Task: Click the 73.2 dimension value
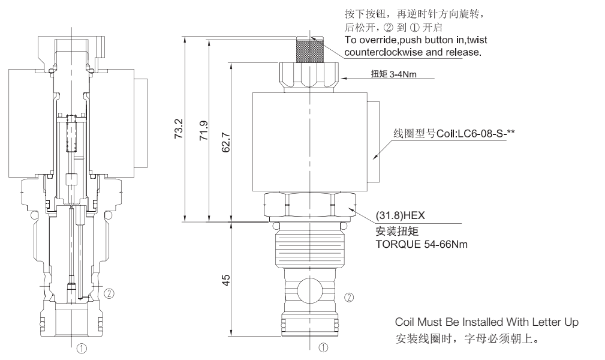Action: tap(178, 128)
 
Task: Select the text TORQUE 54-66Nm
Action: tap(422, 244)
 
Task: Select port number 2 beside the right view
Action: tap(350, 296)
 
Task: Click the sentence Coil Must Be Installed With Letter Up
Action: tap(487, 322)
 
